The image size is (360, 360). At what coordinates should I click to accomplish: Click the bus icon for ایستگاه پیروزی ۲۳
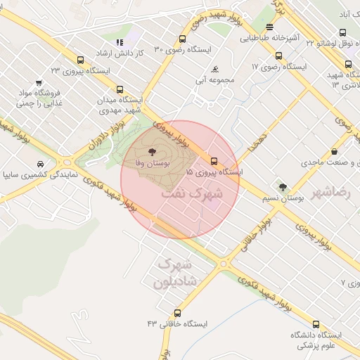(x=79, y=60)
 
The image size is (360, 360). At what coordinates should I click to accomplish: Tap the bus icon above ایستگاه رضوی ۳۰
(x=183, y=39)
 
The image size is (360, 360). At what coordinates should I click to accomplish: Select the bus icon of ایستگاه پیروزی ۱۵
(x=214, y=161)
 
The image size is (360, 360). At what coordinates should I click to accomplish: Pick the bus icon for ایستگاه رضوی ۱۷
(x=279, y=56)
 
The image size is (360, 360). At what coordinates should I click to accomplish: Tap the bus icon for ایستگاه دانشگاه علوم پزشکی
(x=316, y=325)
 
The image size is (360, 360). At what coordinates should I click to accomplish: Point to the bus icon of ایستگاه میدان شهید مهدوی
(x=120, y=90)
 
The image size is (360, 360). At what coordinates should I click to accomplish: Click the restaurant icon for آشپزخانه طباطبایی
(x=269, y=28)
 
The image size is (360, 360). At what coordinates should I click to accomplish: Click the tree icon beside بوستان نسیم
(x=283, y=187)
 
